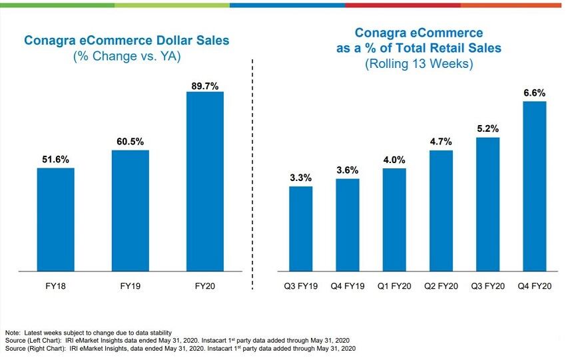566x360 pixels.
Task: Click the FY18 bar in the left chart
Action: tap(55, 220)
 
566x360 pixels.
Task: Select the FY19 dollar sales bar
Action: tap(130, 210)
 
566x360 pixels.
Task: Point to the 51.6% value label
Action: tap(55, 160)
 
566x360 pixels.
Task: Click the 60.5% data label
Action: tap(130, 142)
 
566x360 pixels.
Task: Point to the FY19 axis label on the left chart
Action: tap(130, 286)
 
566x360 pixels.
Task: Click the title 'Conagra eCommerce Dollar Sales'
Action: tap(127, 41)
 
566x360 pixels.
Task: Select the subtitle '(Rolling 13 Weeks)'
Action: tap(419, 65)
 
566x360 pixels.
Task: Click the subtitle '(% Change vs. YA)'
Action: tap(127, 57)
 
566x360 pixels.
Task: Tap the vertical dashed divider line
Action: tap(252, 173)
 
